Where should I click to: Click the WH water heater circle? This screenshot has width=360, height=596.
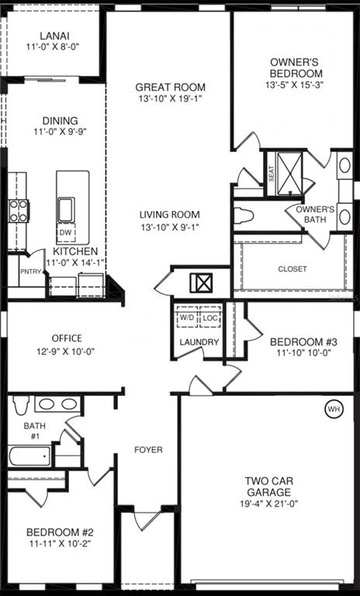tap(334, 410)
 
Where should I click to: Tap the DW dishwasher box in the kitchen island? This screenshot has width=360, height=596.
tap(66, 233)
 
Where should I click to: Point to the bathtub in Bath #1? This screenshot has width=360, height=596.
tap(29, 456)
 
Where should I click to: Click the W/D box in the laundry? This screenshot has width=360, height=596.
tap(186, 317)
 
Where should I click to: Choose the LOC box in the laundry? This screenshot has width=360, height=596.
tap(209, 317)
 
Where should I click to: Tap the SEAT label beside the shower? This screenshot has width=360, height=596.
tap(272, 175)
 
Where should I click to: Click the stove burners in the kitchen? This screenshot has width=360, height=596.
tap(19, 211)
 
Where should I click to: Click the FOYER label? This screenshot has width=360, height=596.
tap(148, 450)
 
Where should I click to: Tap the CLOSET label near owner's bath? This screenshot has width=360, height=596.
tap(292, 269)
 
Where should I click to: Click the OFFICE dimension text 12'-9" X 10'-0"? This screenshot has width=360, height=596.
tap(65, 352)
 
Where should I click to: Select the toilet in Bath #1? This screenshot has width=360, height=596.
tap(21, 404)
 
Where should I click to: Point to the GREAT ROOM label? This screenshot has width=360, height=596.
tap(171, 87)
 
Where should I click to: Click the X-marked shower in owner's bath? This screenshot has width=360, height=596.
tap(289, 174)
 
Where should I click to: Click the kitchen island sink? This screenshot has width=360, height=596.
tap(66, 210)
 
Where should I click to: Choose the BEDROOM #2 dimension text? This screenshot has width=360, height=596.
tap(60, 543)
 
